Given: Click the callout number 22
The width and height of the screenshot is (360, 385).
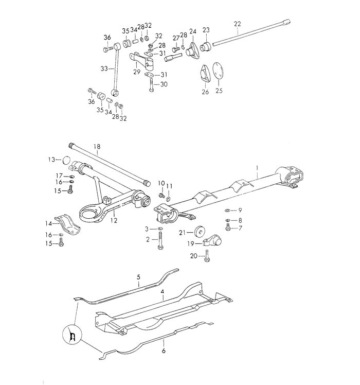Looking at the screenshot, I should coord(237,24).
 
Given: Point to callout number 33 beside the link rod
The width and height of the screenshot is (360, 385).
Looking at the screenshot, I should coord(104,67).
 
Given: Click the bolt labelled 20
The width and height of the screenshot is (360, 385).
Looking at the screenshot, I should coord(207,255).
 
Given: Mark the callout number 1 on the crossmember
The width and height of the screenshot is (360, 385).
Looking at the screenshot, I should coord(257,168).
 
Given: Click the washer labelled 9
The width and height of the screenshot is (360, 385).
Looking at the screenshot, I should coord(227,211).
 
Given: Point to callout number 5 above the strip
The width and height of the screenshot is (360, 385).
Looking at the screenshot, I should coord(138,277).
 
